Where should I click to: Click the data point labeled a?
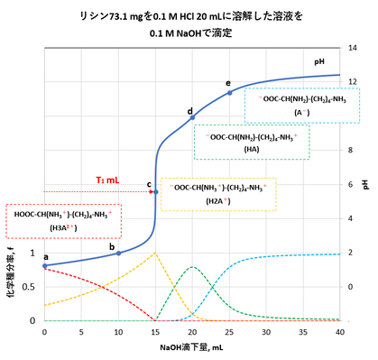[44, 266]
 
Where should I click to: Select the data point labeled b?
[118, 253]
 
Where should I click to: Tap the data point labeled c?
[155, 191]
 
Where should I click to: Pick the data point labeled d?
[192, 117]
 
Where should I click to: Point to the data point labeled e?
[229, 92]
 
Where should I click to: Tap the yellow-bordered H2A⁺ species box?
[218, 194]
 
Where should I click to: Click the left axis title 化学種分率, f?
[10, 275]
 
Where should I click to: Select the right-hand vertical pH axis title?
[365, 183]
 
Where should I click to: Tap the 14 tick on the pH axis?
[353, 47]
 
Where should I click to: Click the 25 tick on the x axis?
[229, 331]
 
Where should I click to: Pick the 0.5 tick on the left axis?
[32, 287]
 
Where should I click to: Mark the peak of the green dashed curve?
[192, 267]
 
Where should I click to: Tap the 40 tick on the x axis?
[340, 331]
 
